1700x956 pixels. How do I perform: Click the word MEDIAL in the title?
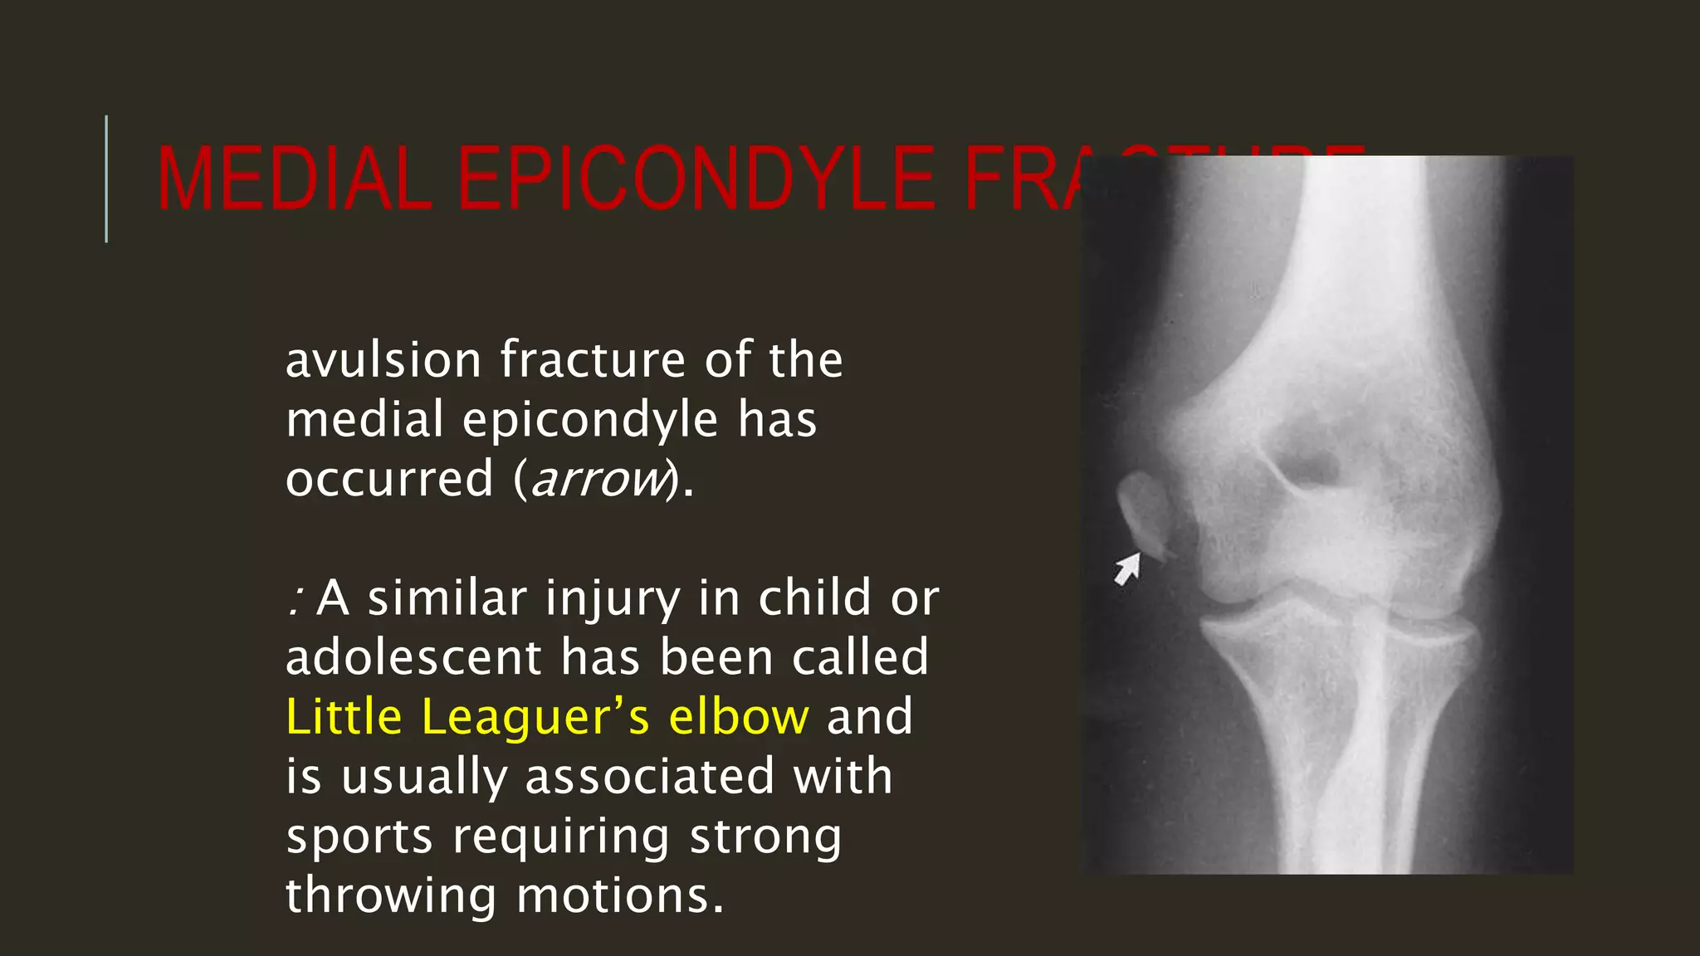[x=295, y=179]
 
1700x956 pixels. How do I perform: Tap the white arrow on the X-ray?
[x=1127, y=570]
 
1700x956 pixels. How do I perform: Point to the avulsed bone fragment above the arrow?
[x=1144, y=510]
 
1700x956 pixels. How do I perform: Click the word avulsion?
[x=383, y=360]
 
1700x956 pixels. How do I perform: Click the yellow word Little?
[x=344, y=716]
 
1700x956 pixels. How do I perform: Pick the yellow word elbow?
[x=738, y=716]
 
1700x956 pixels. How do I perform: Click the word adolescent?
[x=413, y=657]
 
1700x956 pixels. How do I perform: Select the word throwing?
[x=390, y=896]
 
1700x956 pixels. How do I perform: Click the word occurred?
[x=389, y=480]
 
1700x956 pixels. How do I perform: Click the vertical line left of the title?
[x=106, y=179]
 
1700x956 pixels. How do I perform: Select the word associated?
[x=649, y=777]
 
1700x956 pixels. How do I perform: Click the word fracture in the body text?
[x=593, y=360]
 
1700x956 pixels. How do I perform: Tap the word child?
[x=813, y=597]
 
